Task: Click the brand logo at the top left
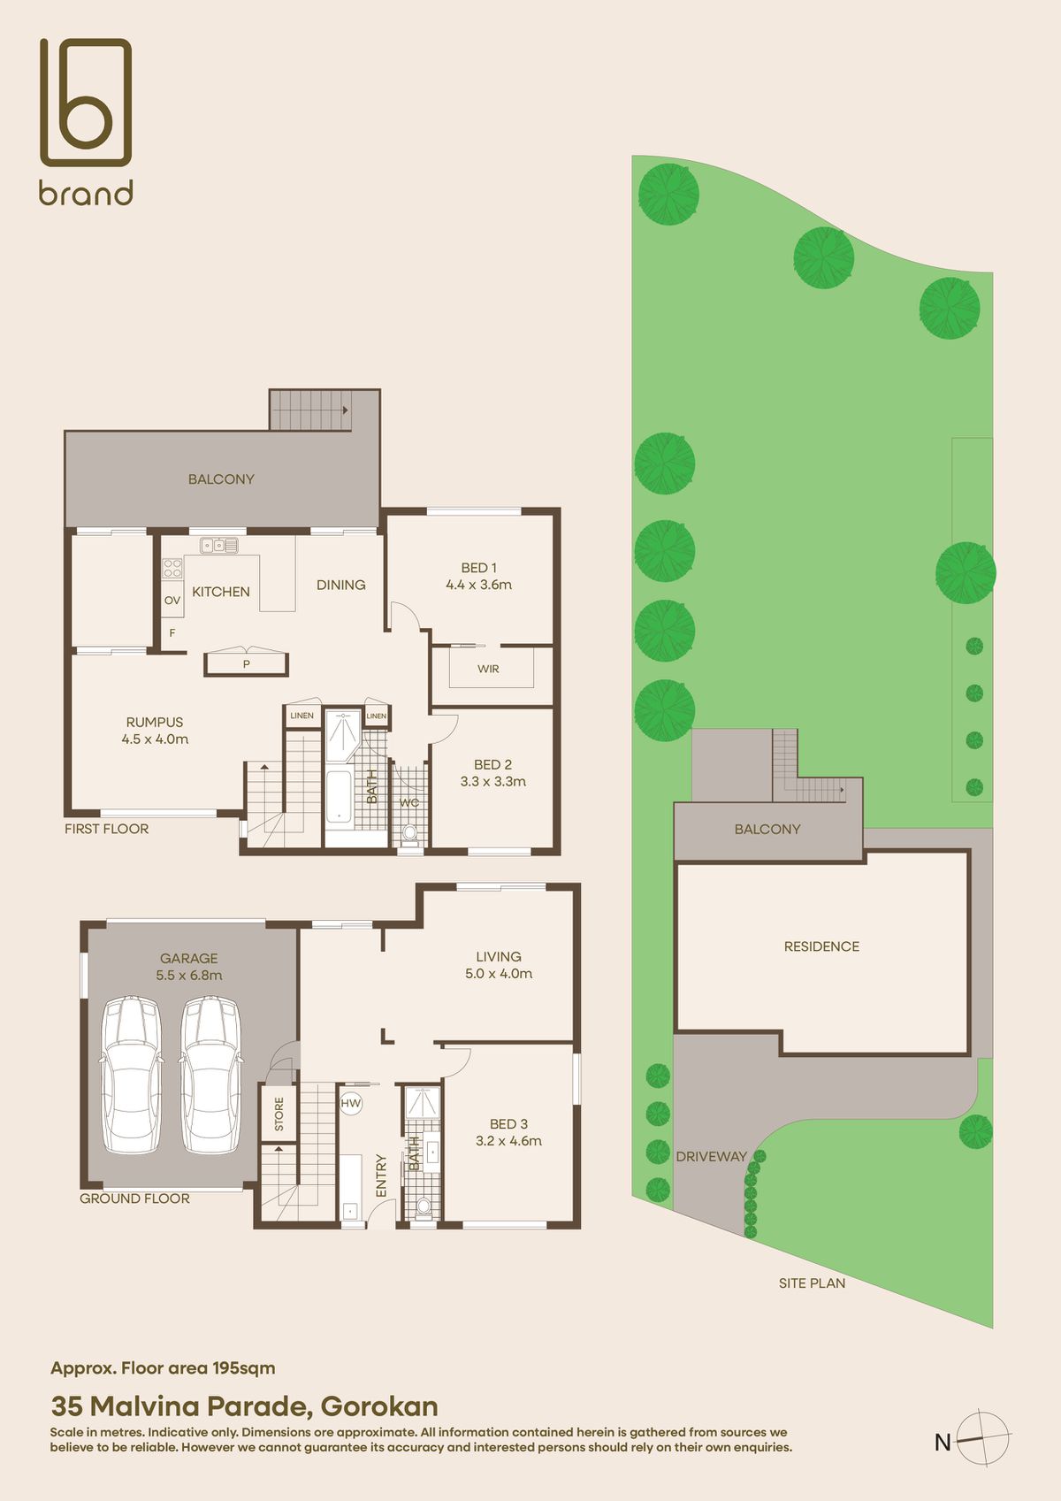(86, 121)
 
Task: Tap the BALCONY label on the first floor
(221, 479)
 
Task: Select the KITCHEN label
(221, 592)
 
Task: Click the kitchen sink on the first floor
(218, 546)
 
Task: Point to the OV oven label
(172, 601)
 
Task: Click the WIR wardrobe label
(488, 670)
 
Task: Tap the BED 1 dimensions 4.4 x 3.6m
(478, 585)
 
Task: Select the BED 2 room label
(492, 765)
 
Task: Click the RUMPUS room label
(155, 723)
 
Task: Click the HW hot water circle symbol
(351, 1104)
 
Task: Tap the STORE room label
(279, 1114)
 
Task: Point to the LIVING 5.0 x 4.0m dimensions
(499, 974)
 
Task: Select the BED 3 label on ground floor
(508, 1124)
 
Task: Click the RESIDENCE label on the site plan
(821, 946)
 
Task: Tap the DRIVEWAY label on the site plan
(711, 1157)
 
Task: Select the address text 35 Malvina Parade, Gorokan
(244, 1406)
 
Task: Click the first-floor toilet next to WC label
(409, 833)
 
